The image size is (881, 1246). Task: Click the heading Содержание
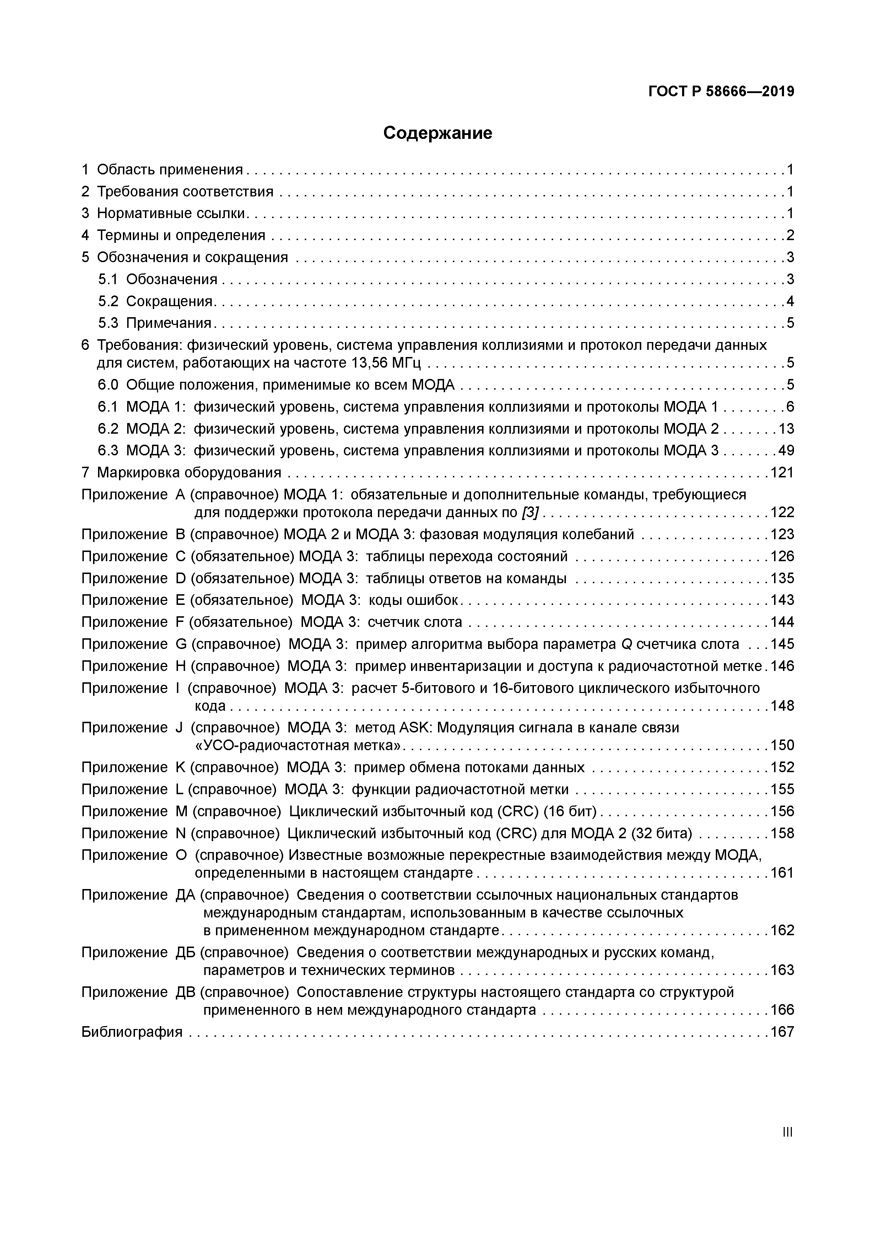(x=438, y=133)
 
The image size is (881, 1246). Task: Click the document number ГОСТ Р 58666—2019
(x=721, y=92)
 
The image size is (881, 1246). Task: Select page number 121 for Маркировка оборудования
(x=782, y=473)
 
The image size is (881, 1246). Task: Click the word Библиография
(x=132, y=1031)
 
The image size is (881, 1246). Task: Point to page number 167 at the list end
(x=782, y=1031)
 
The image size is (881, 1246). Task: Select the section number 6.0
(x=108, y=385)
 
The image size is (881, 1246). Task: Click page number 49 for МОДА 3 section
(x=786, y=450)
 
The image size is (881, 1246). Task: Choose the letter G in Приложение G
(x=181, y=644)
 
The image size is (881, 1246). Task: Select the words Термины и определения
(x=181, y=235)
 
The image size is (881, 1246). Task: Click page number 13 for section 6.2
(x=786, y=429)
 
